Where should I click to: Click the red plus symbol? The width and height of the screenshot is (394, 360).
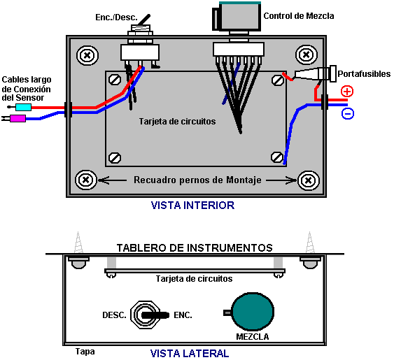[x=347, y=91]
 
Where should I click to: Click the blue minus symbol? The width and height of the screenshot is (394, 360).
[x=348, y=113]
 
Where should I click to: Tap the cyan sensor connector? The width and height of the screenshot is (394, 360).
[x=23, y=107]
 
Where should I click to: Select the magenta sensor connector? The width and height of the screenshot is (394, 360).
[x=17, y=118]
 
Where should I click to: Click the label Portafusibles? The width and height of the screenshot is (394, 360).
[x=364, y=74]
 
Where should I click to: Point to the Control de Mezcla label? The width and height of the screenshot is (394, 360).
[x=299, y=16]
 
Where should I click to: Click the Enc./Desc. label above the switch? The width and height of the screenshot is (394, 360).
[x=117, y=17]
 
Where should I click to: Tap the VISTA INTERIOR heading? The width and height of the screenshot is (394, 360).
[x=192, y=206]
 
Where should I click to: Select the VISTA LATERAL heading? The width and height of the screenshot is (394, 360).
[x=190, y=354]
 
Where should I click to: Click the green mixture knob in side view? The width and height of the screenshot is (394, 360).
[x=252, y=311]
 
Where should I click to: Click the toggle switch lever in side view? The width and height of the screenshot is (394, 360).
[x=155, y=315]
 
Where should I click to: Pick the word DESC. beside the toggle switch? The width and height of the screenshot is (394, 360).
[x=114, y=315]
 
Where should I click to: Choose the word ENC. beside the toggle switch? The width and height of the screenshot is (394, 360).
[x=183, y=315]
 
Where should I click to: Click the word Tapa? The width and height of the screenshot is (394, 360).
[x=85, y=352]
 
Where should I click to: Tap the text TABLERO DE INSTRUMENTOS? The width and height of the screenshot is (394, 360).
[x=195, y=248]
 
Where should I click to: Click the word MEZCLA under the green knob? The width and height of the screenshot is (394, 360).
[x=252, y=337]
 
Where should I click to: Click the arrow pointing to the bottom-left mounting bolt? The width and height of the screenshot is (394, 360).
[x=112, y=180]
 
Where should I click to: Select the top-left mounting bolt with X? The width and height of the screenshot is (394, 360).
[x=87, y=55]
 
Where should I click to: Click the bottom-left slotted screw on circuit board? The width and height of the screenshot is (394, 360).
[x=115, y=158]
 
